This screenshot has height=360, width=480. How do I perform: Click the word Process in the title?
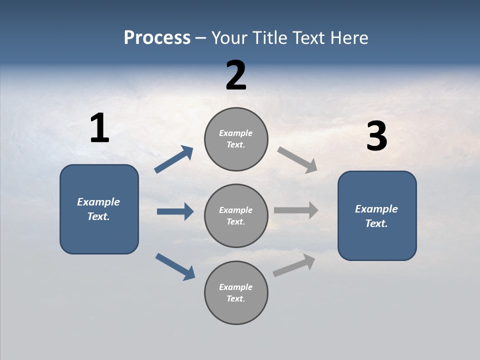click(157, 38)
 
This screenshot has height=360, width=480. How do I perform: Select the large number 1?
click(99, 128)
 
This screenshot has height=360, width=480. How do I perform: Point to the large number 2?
click(236, 75)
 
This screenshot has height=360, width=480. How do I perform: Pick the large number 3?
click(376, 136)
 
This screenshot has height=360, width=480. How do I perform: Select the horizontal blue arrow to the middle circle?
click(175, 211)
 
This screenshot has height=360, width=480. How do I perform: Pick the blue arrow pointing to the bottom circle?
click(175, 266)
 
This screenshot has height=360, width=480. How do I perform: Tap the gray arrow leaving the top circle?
click(297, 160)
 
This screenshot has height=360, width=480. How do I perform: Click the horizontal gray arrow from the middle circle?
click(296, 210)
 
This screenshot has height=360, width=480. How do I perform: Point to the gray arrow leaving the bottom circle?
click(294, 265)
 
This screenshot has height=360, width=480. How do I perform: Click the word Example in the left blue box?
click(98, 202)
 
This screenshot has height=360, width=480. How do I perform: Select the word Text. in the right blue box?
click(376, 223)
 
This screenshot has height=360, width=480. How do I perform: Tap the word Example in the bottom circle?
click(236, 287)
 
